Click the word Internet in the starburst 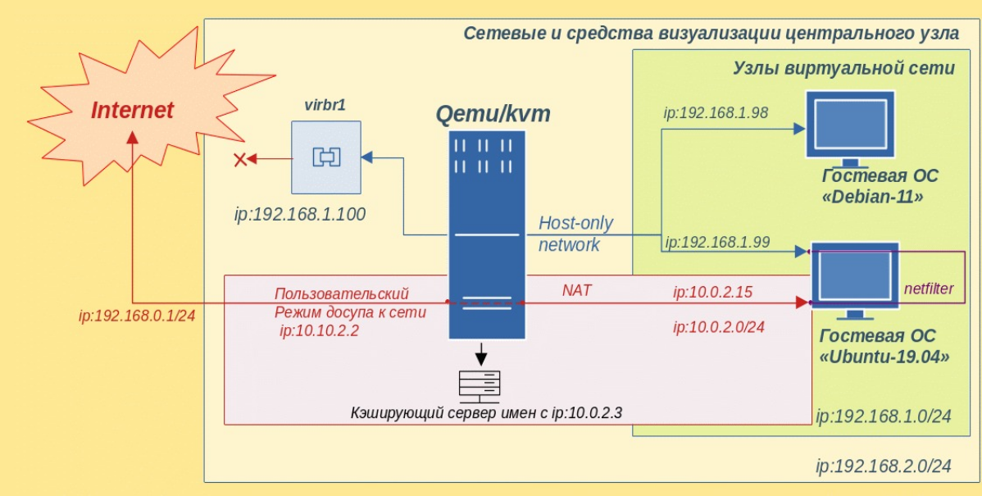(x=132, y=110)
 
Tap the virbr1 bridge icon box (x=325, y=156)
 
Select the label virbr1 (x=325, y=106)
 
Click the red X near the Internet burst (x=240, y=159)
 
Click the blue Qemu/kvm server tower (x=484, y=234)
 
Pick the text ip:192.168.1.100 (x=299, y=215)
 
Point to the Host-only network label (x=575, y=234)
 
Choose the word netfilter (x=930, y=288)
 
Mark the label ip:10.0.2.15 (x=712, y=291)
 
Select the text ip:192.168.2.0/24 (x=883, y=466)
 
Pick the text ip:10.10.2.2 (x=319, y=330)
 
